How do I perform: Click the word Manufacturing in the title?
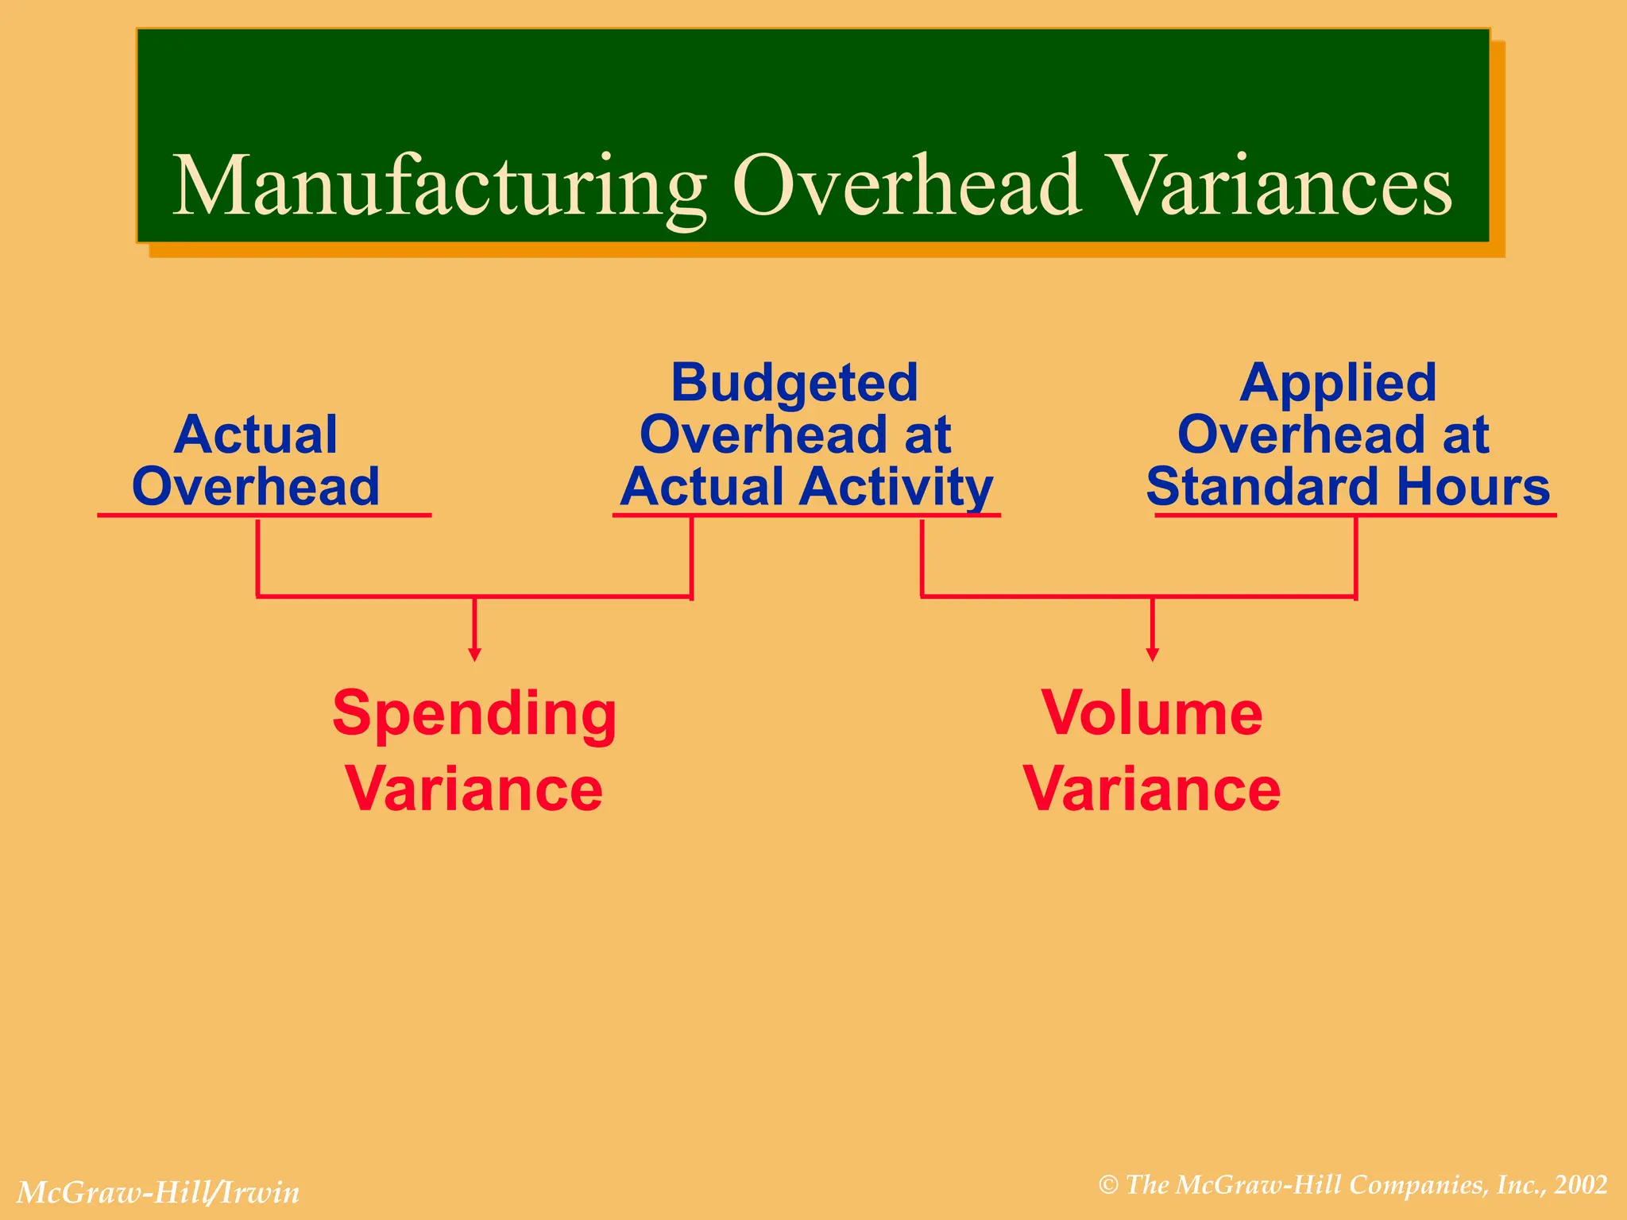(x=439, y=187)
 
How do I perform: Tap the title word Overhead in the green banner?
(x=906, y=187)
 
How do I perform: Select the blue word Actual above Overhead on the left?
(x=256, y=434)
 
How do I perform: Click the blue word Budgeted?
(x=794, y=383)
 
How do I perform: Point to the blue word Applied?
(x=1338, y=383)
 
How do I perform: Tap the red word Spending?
(x=474, y=713)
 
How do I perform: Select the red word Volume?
(x=1152, y=713)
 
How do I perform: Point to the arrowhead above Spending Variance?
(x=474, y=654)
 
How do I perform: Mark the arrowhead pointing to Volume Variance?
(x=1152, y=654)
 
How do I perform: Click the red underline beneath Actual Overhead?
(x=264, y=515)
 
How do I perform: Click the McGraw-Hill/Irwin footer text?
(x=158, y=1192)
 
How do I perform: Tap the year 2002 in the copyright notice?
(x=1581, y=1185)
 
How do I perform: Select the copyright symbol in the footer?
(x=1108, y=1186)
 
